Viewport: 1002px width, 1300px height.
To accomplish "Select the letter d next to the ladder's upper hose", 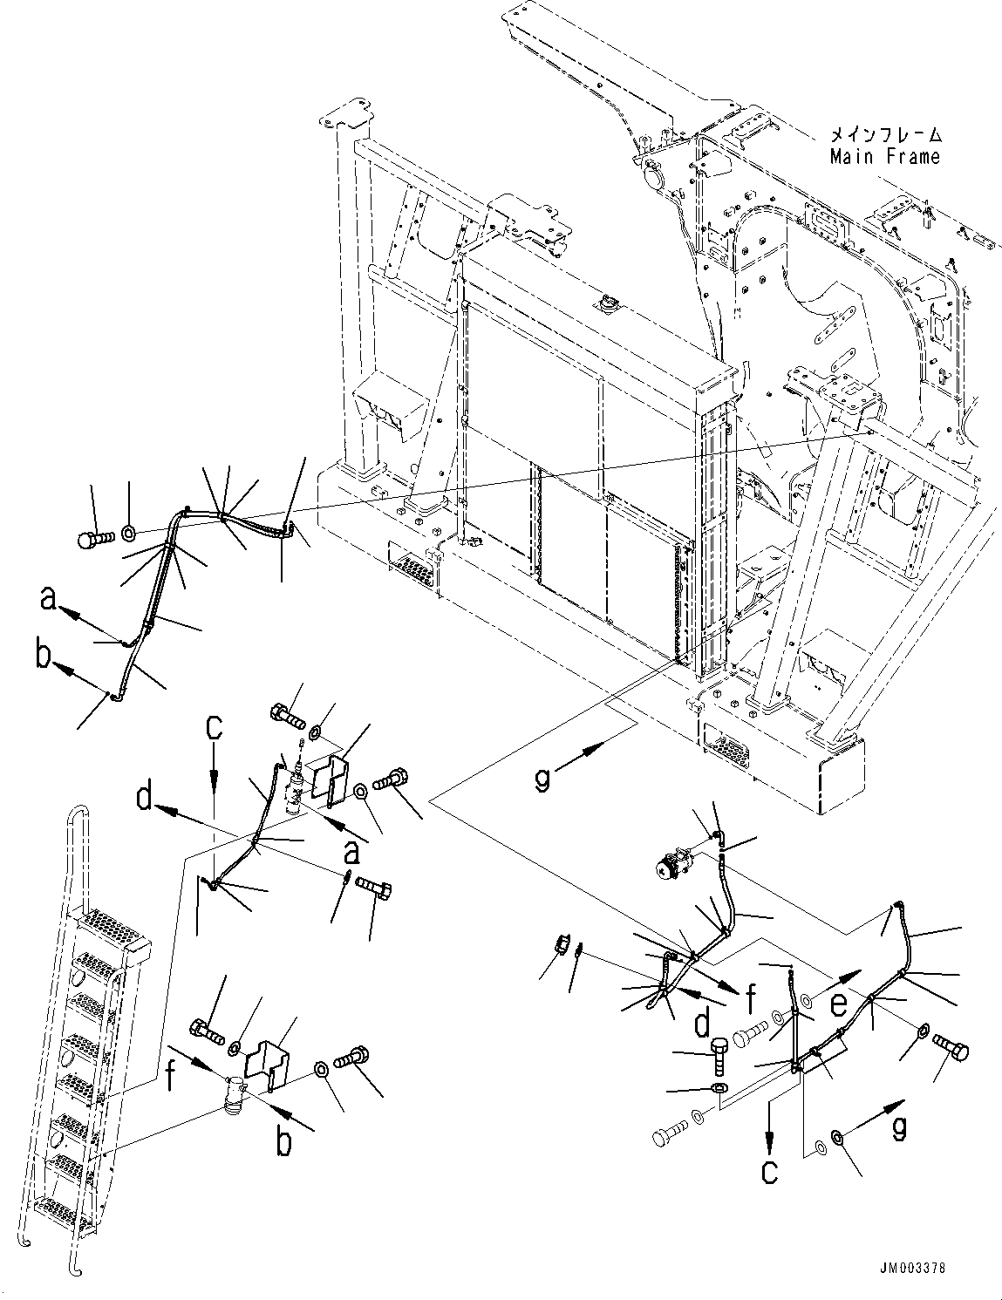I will coord(147,800).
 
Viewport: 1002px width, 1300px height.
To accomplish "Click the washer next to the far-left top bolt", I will coord(127,531).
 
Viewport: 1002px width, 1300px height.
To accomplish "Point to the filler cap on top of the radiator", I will coord(605,305).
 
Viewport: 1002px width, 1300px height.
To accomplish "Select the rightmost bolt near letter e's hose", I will coord(951,1049).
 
